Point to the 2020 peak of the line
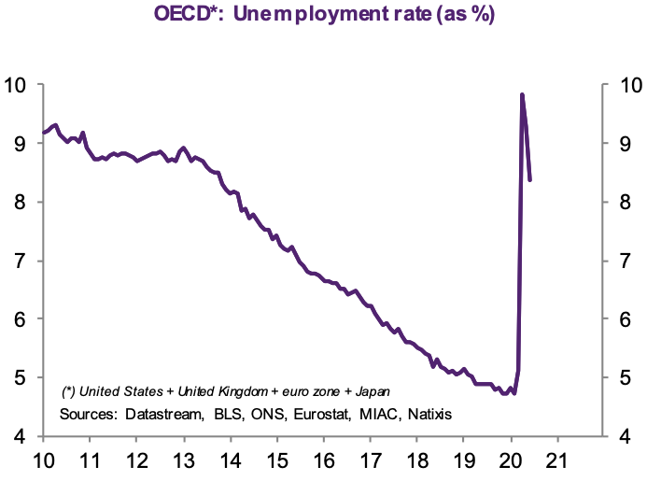[x=522, y=94]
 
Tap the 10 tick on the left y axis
[x=20, y=85]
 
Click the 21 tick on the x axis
[x=557, y=460]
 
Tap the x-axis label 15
[x=277, y=460]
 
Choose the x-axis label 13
[x=184, y=460]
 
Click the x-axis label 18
[x=417, y=460]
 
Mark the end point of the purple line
[x=530, y=179]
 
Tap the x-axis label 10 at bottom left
[x=44, y=460]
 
